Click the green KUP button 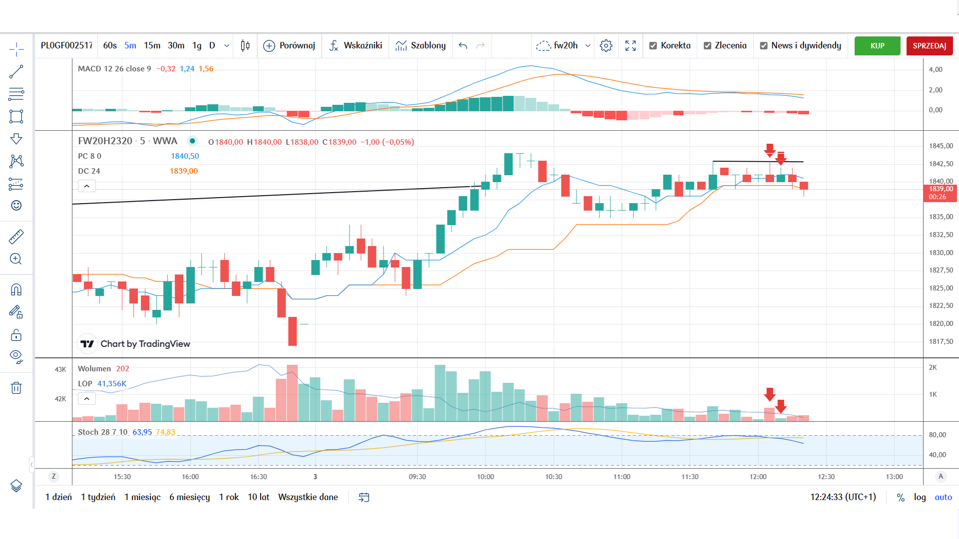click(x=877, y=46)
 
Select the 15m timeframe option click(x=152, y=45)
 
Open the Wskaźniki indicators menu click(x=356, y=45)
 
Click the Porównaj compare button click(x=289, y=45)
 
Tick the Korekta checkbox click(x=653, y=46)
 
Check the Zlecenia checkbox click(x=707, y=46)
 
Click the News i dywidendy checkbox click(x=764, y=46)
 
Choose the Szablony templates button click(x=421, y=45)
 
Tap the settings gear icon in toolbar click(x=606, y=45)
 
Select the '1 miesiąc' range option click(x=142, y=497)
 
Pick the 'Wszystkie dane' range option click(x=308, y=497)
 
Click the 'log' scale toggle click(x=920, y=497)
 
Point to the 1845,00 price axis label click(x=941, y=146)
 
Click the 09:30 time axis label click(x=417, y=477)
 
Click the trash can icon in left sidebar click(x=16, y=388)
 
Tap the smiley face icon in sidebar click(x=16, y=205)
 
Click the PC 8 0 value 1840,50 click(x=185, y=156)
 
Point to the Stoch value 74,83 click(x=165, y=432)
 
